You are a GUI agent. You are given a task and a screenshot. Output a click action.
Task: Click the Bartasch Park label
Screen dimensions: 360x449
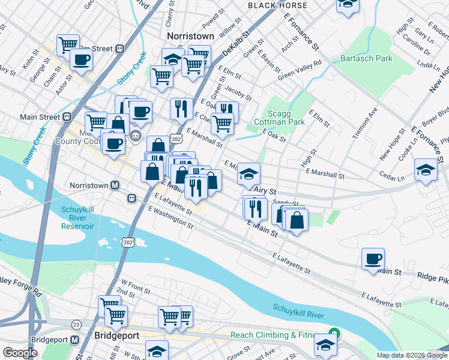click(366, 58)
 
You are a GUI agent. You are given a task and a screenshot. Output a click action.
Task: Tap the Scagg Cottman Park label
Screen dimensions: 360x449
click(288, 117)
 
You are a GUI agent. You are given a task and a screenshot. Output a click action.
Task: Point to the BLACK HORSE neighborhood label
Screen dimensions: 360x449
click(277, 5)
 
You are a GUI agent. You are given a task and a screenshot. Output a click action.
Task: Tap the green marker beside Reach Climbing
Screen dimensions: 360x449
click(333, 334)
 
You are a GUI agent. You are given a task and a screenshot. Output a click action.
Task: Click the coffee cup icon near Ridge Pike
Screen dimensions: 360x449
click(373, 259)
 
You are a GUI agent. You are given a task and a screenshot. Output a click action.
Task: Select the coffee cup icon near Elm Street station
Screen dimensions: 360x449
click(81, 59)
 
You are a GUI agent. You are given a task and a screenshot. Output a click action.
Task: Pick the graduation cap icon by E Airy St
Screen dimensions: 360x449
click(249, 173)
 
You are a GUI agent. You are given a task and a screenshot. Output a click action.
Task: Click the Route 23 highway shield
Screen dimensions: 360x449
click(76, 324)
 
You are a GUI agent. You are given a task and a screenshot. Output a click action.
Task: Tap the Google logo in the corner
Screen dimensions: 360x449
click(19, 353)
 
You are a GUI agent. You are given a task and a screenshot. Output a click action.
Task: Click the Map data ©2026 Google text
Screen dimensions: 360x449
click(412, 355)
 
